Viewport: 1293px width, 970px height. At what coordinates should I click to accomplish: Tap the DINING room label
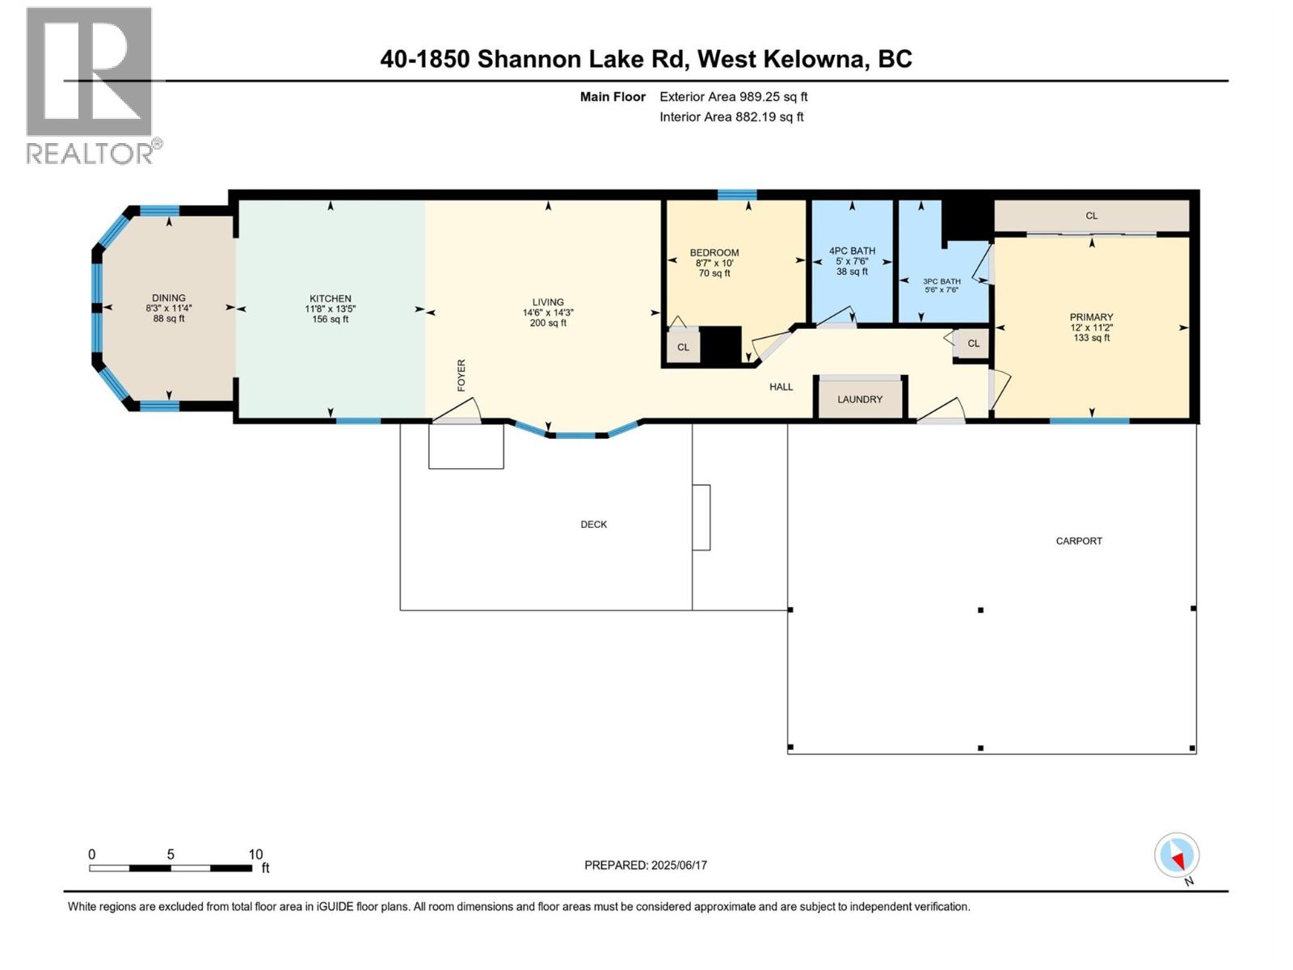pyautogui.click(x=169, y=297)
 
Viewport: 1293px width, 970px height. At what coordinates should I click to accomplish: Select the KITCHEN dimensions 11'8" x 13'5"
pyautogui.click(x=330, y=309)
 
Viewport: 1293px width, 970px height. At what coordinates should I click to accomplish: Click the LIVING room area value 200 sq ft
pyautogui.click(x=548, y=323)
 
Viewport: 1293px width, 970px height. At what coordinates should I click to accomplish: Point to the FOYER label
pyautogui.click(x=461, y=376)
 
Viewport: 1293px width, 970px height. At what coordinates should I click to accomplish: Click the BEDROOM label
pyautogui.click(x=714, y=252)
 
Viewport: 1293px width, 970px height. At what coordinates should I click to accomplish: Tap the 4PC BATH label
pyautogui.click(x=852, y=251)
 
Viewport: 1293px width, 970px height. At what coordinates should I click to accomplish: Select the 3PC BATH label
pyautogui.click(x=941, y=281)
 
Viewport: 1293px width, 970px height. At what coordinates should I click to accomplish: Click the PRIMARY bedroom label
pyautogui.click(x=1091, y=317)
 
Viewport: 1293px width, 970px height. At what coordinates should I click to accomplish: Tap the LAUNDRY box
pyautogui.click(x=860, y=399)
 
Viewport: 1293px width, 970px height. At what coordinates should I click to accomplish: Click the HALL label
pyautogui.click(x=781, y=387)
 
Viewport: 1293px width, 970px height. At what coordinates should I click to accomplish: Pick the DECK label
pyautogui.click(x=593, y=525)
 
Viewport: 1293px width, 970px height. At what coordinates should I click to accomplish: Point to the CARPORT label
pyautogui.click(x=1079, y=541)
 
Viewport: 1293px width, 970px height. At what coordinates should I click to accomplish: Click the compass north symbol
pyautogui.click(x=1177, y=856)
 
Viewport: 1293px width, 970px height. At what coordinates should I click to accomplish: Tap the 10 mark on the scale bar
pyautogui.click(x=255, y=854)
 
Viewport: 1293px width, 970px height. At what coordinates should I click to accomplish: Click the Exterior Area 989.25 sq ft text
pyautogui.click(x=733, y=97)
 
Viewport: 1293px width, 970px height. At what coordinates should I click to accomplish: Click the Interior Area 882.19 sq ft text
pyautogui.click(x=731, y=117)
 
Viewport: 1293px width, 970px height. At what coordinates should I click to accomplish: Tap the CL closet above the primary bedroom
pyautogui.click(x=1091, y=216)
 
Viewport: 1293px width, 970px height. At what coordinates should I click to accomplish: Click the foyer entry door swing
pyautogui.click(x=459, y=411)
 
